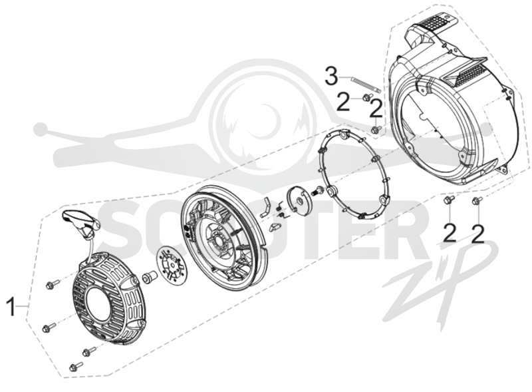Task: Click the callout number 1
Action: [11, 306]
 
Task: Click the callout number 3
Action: [332, 77]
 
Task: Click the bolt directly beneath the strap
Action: [366, 97]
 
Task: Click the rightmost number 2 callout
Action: [477, 233]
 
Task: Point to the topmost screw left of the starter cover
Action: [53, 284]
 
